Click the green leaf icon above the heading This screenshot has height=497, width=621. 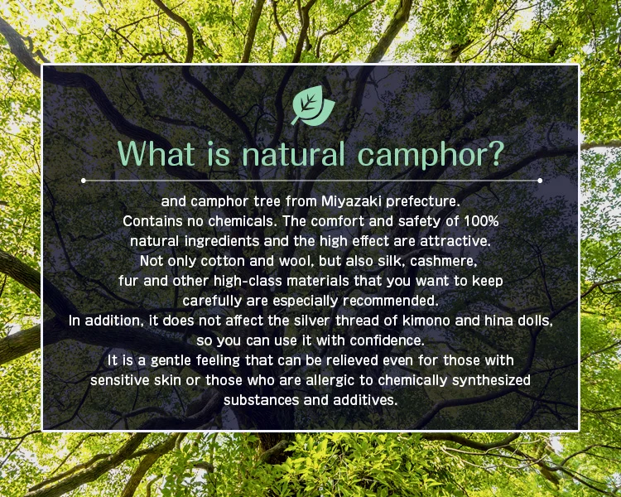[313, 106]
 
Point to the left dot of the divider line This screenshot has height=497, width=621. [83, 181]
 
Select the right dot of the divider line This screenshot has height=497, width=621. [540, 181]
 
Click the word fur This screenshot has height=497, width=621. [128, 281]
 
